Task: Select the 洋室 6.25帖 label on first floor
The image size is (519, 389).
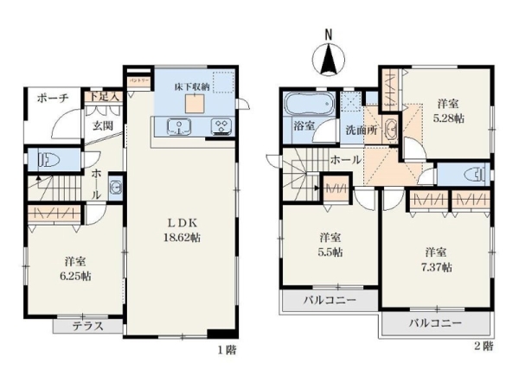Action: coord(74,269)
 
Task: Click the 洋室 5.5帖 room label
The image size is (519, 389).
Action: coord(330,244)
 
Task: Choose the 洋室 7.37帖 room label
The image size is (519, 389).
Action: coord(437,258)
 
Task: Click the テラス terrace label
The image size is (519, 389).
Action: coord(87,326)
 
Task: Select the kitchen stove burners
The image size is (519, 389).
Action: coord(220,128)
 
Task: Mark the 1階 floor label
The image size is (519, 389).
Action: coord(226,350)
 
